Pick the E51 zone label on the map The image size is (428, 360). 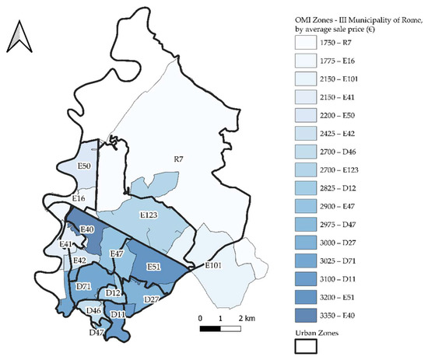pos(153,267)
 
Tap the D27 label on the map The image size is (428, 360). pos(152,299)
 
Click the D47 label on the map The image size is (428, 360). pos(96,332)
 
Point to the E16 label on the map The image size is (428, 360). pos(79,200)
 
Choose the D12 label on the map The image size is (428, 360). pos(113,293)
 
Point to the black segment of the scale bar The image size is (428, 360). pos(210,329)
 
